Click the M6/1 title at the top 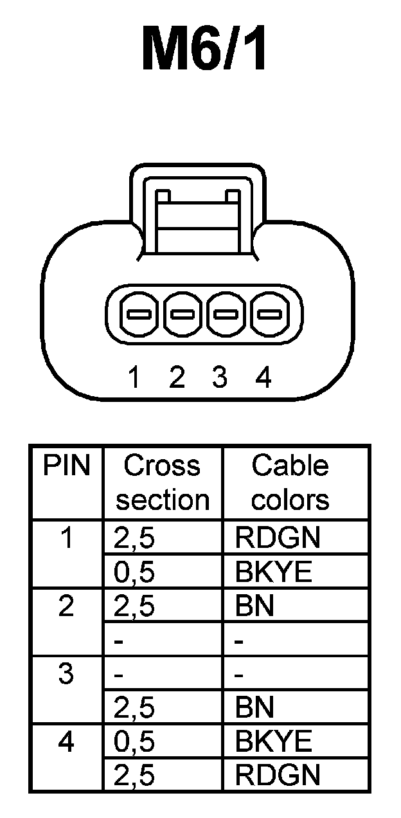204,49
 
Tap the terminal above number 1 139,315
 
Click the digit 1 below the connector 134,377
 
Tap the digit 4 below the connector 263,377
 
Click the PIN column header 66,466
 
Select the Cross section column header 162,482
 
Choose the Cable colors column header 290,482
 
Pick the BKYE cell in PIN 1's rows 273,572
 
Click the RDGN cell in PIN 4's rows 277,776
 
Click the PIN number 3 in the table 66,675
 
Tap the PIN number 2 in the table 66,606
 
